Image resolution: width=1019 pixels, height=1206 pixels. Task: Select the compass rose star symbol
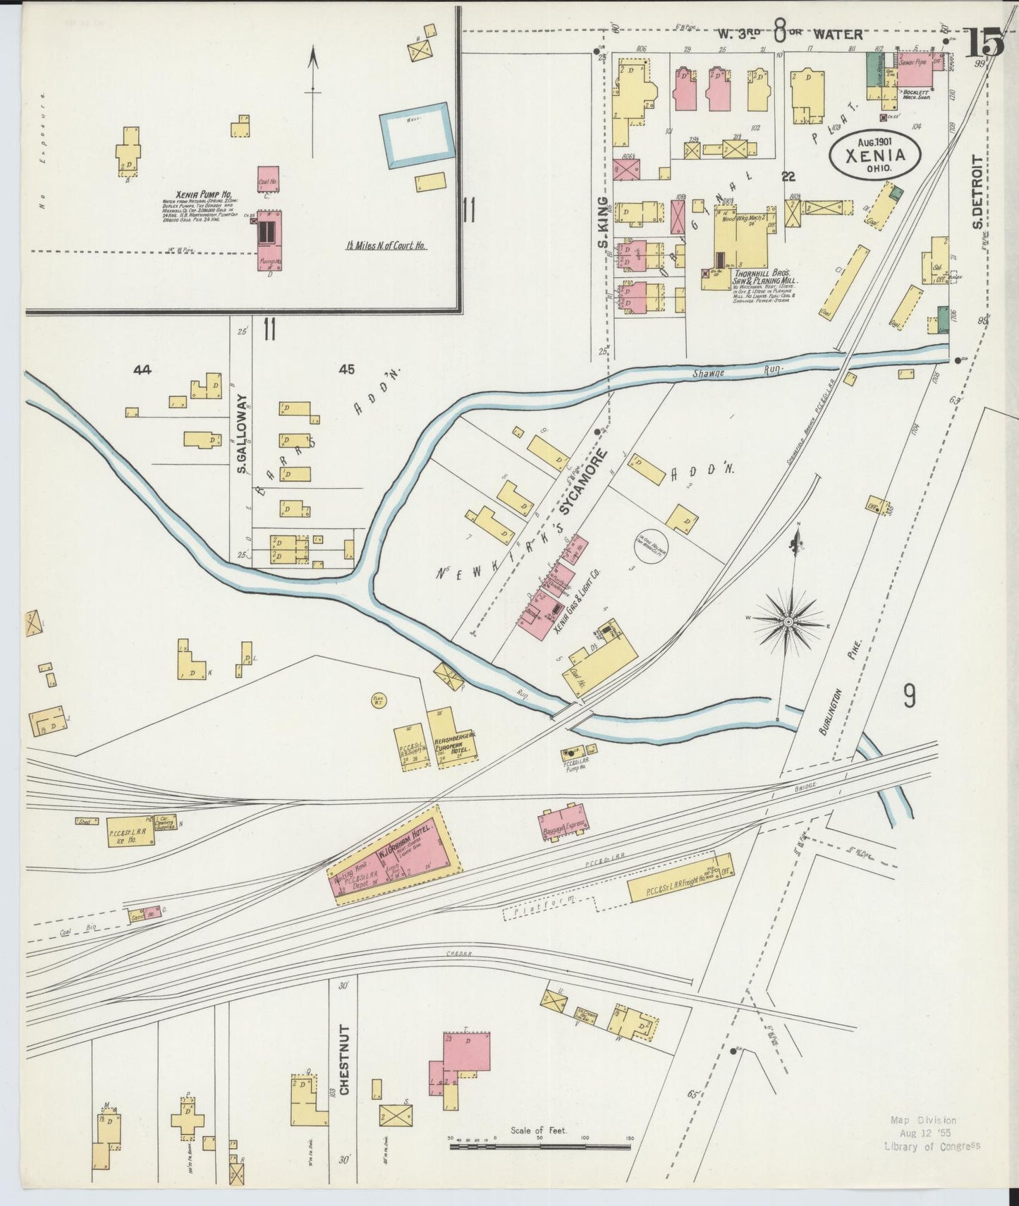click(789, 621)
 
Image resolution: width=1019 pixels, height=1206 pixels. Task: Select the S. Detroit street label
click(977, 192)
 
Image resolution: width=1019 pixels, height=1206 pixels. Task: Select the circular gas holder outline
click(652, 543)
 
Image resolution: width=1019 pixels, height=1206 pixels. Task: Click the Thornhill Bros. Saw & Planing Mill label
click(764, 276)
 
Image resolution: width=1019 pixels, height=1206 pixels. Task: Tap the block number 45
click(346, 369)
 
